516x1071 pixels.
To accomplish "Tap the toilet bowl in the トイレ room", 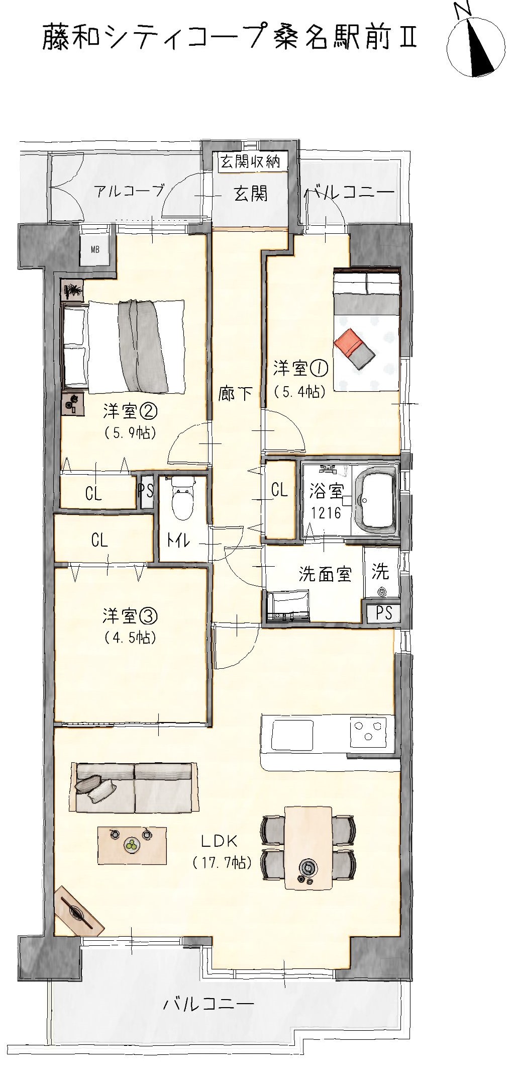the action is pyautogui.click(x=182, y=499).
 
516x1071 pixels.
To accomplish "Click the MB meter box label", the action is pyautogui.click(x=94, y=249).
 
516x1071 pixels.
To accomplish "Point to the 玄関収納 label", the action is pyautogui.click(x=250, y=162).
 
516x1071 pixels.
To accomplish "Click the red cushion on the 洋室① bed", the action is pyautogui.click(x=348, y=341).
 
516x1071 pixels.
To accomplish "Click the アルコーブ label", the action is pyautogui.click(x=129, y=192).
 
